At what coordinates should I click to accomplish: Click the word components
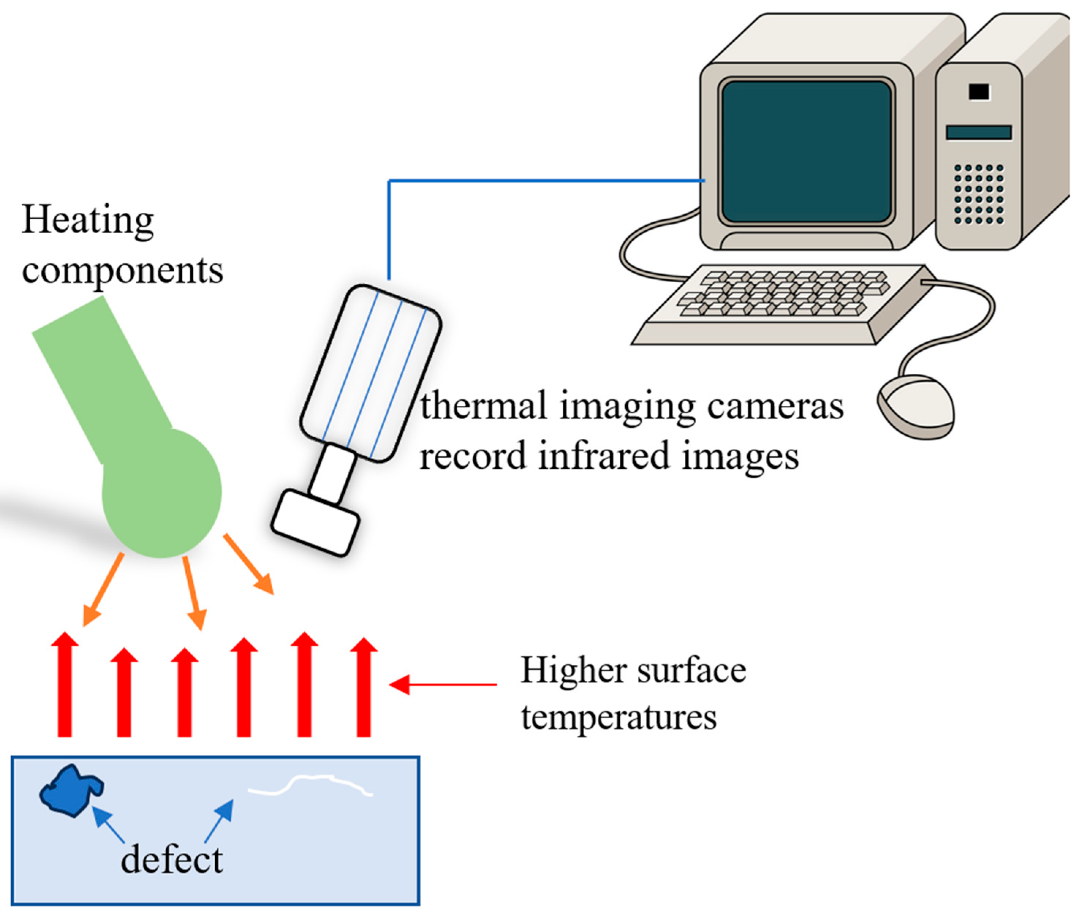coord(122,270)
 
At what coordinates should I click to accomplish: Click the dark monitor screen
coord(806,151)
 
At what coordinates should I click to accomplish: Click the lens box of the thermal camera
coord(315,522)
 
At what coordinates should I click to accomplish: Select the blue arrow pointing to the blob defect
coord(109,825)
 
